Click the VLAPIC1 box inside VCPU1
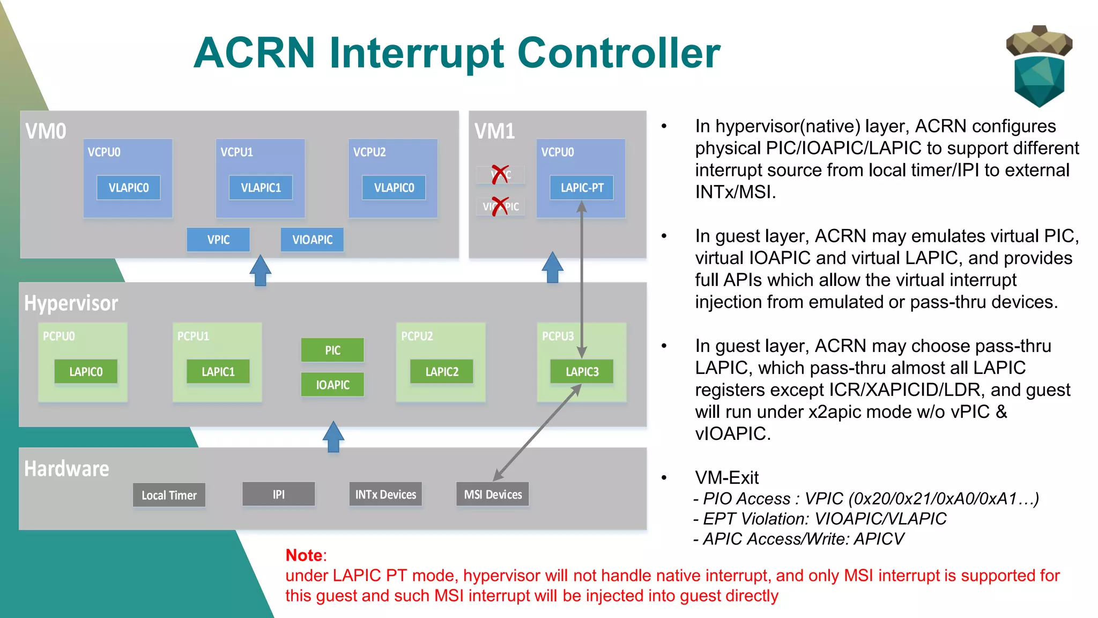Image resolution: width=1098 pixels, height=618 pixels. tap(261, 188)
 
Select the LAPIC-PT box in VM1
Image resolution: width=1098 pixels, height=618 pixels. tap(582, 188)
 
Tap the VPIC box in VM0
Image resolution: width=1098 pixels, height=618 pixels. tap(218, 240)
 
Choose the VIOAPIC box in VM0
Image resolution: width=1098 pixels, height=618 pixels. tap(312, 240)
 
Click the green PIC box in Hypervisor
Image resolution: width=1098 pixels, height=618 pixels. tap(332, 350)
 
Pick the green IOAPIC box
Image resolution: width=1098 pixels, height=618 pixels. tap(332, 385)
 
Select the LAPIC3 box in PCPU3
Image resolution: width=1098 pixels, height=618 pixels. tap(582, 372)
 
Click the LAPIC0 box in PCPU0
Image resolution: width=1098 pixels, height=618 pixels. tap(86, 372)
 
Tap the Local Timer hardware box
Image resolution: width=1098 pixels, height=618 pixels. tap(169, 495)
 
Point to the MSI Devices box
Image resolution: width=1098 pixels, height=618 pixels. tap(493, 495)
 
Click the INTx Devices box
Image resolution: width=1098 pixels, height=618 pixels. tap(385, 495)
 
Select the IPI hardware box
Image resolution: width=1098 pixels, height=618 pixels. tap(278, 494)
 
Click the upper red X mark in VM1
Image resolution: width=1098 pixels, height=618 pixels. tap(500, 174)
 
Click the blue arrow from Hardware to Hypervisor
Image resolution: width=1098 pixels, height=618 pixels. tap(333, 436)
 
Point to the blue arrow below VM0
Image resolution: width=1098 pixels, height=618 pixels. tap(261, 270)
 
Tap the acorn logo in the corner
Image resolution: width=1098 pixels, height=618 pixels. tap(1039, 66)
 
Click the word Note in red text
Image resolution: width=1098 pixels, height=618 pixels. tap(304, 555)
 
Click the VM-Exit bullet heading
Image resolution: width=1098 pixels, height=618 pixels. tap(726, 477)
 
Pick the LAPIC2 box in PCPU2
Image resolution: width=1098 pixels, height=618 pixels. tap(442, 372)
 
